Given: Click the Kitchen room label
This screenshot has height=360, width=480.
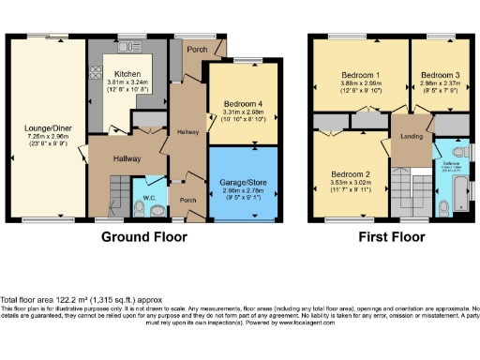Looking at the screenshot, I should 127,73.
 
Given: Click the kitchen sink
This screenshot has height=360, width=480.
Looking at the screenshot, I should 124,46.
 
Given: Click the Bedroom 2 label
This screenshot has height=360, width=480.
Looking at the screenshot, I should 348,175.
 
